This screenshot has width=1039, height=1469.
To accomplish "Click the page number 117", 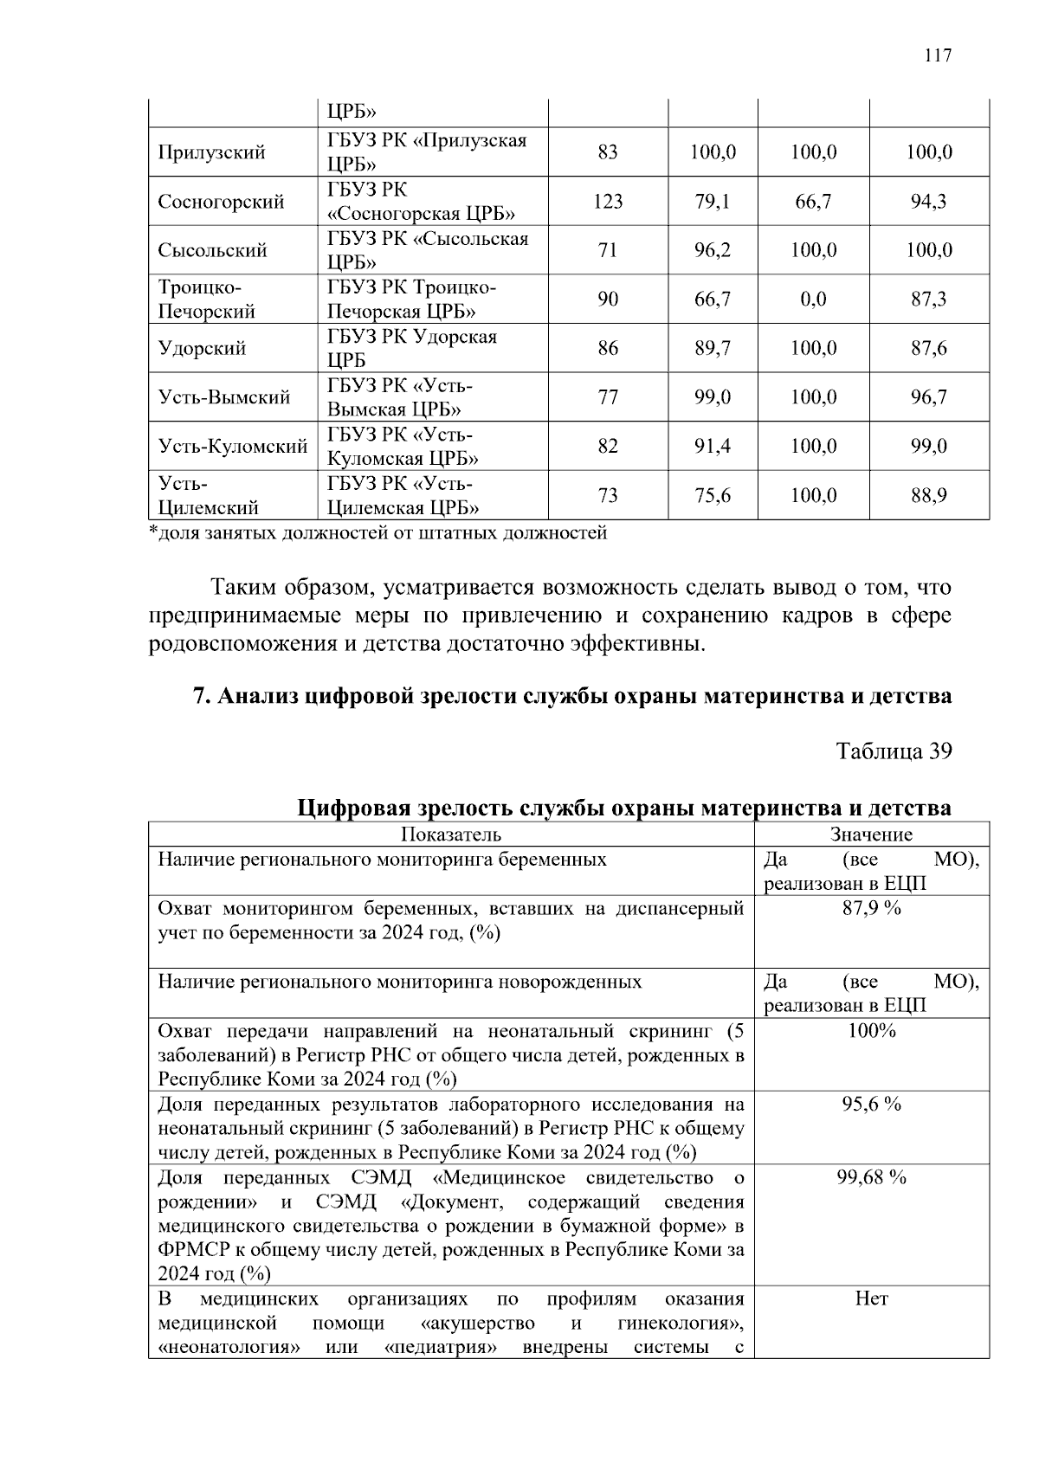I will click(x=938, y=56).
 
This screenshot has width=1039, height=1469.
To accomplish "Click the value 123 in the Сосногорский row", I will click(x=608, y=202).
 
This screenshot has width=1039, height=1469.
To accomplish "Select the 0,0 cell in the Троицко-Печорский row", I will click(x=813, y=300).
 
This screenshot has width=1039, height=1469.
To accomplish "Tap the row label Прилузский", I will click(x=211, y=153).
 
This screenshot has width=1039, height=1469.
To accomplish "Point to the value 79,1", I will click(x=712, y=202).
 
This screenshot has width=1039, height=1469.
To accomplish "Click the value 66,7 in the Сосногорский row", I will click(x=813, y=202).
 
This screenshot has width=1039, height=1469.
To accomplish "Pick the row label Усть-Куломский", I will click(x=232, y=447).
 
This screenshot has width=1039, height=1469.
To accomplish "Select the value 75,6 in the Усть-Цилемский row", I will click(x=712, y=495).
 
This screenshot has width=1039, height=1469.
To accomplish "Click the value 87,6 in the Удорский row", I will click(x=928, y=349).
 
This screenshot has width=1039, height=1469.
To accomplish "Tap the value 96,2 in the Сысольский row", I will click(x=712, y=251).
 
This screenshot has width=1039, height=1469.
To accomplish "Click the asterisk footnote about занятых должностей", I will click(x=378, y=533).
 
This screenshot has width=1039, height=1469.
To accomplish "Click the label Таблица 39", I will click(x=894, y=751).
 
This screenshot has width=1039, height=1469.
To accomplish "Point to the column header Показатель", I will click(x=450, y=834).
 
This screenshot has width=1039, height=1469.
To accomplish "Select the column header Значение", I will click(x=871, y=834).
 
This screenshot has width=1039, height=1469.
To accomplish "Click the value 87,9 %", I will click(x=871, y=908).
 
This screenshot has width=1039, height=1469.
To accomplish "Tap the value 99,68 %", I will click(x=871, y=1177).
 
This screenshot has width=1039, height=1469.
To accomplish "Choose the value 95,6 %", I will click(x=871, y=1104).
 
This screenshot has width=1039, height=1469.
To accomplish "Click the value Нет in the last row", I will click(x=871, y=1298).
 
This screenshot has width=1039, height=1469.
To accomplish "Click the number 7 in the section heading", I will click(x=197, y=696).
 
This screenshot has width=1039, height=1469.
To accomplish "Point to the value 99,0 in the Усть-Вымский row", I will click(x=712, y=397).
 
